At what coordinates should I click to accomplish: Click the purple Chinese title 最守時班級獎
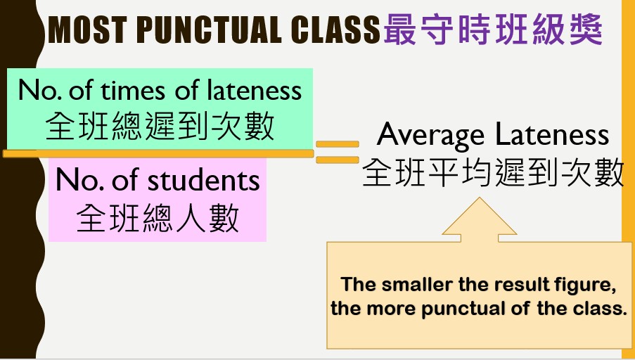pyautogui.click(x=493, y=29)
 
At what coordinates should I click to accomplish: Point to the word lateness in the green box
pyautogui.click(x=255, y=90)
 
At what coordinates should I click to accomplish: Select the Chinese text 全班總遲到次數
pyautogui.click(x=160, y=126)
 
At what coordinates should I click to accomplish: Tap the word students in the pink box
pyautogui.click(x=203, y=181)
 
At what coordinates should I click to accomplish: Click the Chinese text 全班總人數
pyautogui.click(x=158, y=217)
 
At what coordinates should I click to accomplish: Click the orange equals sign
pyautogui.click(x=338, y=152)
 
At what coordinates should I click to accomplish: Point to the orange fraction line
pyautogui.click(x=158, y=153)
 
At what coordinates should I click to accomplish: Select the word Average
pyautogui.click(x=430, y=135)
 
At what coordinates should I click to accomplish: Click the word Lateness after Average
pyautogui.click(x=553, y=134)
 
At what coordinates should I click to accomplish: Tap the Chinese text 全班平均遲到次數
pyautogui.click(x=493, y=172)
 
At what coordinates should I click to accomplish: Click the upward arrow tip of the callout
pyautogui.click(x=480, y=198)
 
